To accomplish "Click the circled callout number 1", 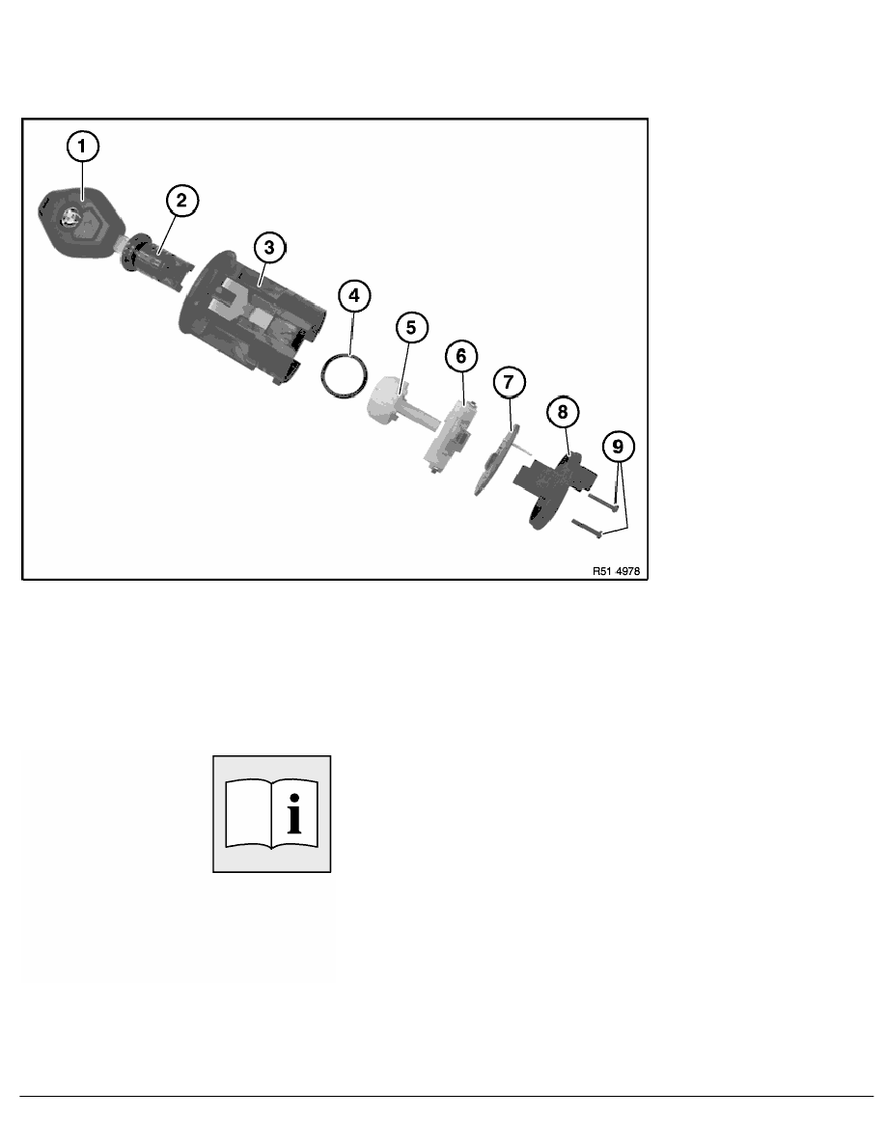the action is (x=82, y=147).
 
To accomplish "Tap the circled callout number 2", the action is (x=182, y=201).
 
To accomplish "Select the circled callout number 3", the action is (x=269, y=248).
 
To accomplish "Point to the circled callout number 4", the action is (x=354, y=296).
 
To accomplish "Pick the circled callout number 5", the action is (x=411, y=327).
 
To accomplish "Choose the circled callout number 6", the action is (x=461, y=356).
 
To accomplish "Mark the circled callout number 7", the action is (x=509, y=382).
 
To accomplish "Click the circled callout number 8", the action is (x=562, y=412).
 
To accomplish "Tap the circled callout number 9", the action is (x=619, y=447).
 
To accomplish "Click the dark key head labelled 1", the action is (x=78, y=222).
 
